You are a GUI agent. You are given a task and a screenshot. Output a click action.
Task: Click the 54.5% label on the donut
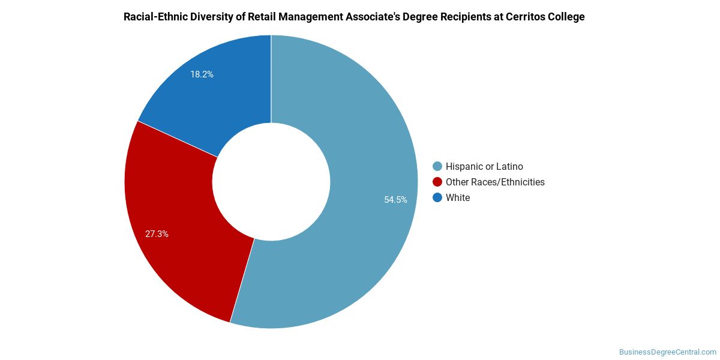tap(395, 200)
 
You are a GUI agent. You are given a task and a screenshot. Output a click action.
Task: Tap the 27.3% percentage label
tap(157, 234)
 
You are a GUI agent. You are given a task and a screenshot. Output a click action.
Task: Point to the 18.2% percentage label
tap(202, 74)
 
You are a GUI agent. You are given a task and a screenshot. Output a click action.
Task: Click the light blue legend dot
tap(437, 166)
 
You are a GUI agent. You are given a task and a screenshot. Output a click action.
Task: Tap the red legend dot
tap(437, 182)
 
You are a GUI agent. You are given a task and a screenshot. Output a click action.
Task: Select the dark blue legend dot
tap(437, 197)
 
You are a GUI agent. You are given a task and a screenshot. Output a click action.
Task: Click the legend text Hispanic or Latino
tap(484, 167)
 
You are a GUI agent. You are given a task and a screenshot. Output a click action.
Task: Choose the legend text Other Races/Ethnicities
tap(495, 182)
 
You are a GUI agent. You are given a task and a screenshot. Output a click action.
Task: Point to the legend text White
tap(458, 197)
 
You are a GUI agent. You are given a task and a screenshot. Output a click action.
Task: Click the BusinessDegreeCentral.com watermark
tap(668, 352)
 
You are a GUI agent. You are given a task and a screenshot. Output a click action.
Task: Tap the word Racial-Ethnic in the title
tap(155, 17)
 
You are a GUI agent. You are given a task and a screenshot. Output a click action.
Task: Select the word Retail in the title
tap(262, 17)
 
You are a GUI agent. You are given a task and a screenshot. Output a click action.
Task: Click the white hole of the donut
tap(271, 182)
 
